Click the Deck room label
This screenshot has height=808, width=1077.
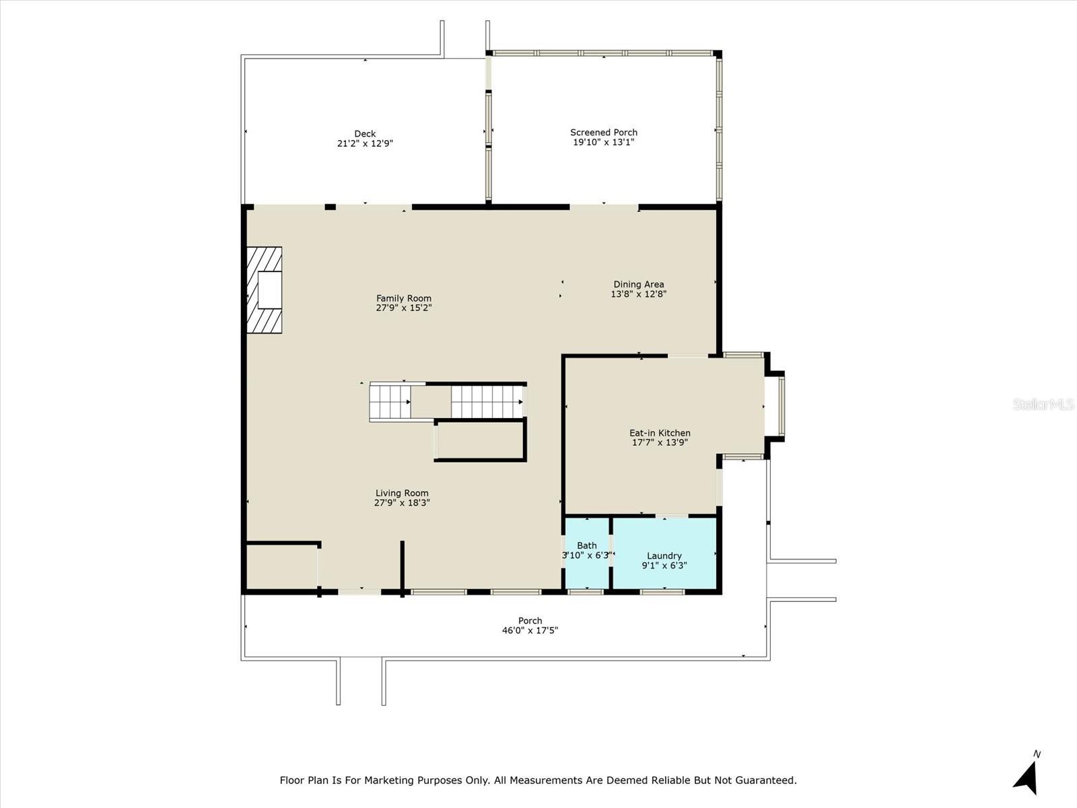click(x=365, y=134)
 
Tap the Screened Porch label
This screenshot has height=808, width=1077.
click(x=604, y=133)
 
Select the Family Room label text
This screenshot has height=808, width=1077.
click(x=404, y=298)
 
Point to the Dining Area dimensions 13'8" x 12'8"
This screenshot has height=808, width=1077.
click(x=638, y=294)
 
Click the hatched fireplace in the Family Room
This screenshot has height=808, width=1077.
click(x=264, y=290)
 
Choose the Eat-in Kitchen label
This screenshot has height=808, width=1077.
click(x=660, y=433)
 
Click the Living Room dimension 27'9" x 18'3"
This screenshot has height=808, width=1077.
click(x=402, y=502)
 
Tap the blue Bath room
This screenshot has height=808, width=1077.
click(x=587, y=552)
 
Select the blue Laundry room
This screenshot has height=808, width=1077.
click(x=664, y=553)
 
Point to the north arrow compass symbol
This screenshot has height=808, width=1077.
click(x=1027, y=777)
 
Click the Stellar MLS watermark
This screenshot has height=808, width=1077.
click(x=1043, y=404)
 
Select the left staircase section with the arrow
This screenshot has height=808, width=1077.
click(x=390, y=402)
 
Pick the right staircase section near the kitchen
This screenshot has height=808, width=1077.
click(x=487, y=402)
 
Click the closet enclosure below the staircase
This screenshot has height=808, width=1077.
click(x=481, y=440)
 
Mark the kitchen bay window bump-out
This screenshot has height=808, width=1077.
click(x=774, y=406)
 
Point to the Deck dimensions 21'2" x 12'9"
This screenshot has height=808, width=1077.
click(x=365, y=143)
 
